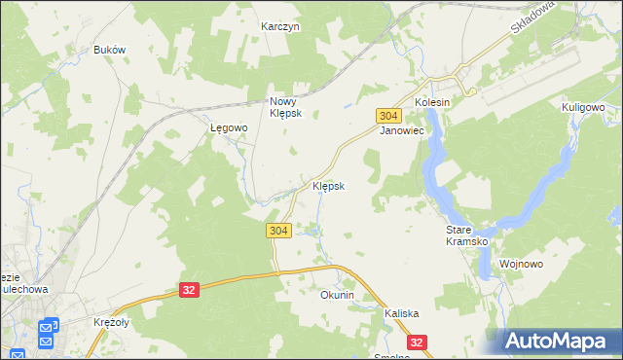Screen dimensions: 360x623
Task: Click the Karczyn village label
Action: click(x=280, y=27)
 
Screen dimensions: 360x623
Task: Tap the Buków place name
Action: click(x=110, y=50)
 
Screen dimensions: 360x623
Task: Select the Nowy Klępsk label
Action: click(x=286, y=106)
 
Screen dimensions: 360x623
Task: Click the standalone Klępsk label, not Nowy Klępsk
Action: click(x=328, y=185)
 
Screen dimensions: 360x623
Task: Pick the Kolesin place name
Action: click(x=432, y=102)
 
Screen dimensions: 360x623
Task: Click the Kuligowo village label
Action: click(x=584, y=107)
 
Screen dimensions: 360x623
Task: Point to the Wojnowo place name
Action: click(x=521, y=264)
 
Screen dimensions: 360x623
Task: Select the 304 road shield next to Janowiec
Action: click(x=386, y=115)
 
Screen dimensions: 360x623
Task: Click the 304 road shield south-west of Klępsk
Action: click(x=277, y=230)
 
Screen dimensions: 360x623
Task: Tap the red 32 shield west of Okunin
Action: click(x=190, y=290)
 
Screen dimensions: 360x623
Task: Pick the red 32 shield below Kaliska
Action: click(x=418, y=342)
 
